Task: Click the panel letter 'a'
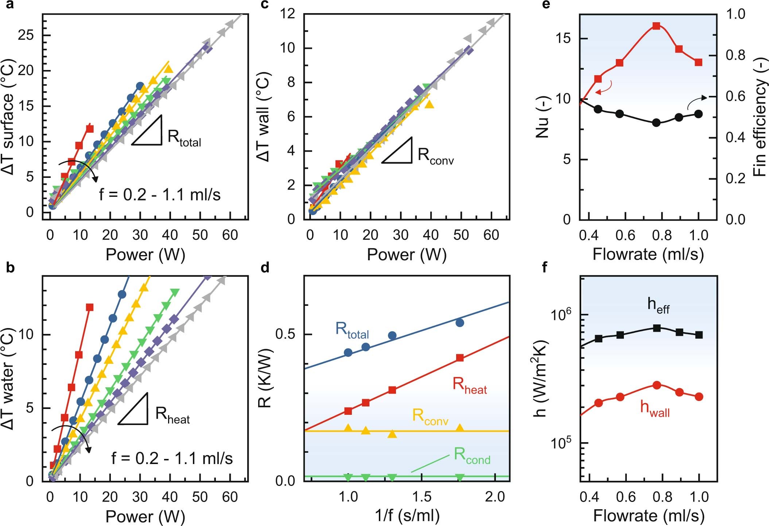pyautogui.click(x=10, y=5)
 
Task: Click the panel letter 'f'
pyautogui.click(x=545, y=267)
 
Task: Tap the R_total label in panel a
pyautogui.click(x=184, y=138)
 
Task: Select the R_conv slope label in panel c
pyautogui.click(x=435, y=156)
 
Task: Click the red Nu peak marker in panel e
pyautogui.click(x=656, y=26)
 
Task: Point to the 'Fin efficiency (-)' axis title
pyautogui.click(x=760, y=117)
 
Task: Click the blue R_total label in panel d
pyautogui.click(x=352, y=330)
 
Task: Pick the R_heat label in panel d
pyautogui.click(x=470, y=386)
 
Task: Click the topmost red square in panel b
pyautogui.click(x=89, y=307)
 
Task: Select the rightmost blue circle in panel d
pyautogui.click(x=460, y=323)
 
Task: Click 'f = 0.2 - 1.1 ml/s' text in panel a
pyautogui.click(x=160, y=195)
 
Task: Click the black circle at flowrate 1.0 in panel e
pyautogui.click(x=699, y=114)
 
